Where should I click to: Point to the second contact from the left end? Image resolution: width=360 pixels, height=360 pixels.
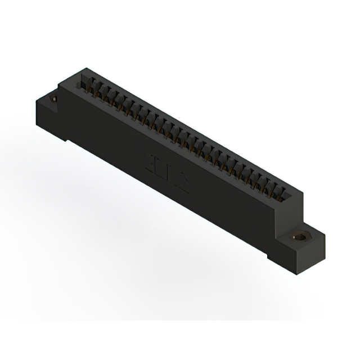(95, 88)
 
